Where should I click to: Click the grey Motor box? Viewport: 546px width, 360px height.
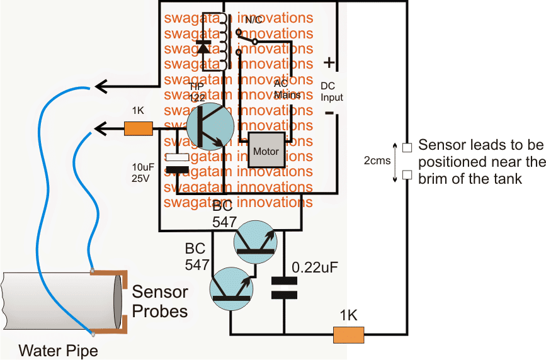coord(266,151)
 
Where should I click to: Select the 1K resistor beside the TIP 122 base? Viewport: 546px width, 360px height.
coord(139,129)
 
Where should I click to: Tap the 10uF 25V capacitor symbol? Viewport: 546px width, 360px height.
coord(177,162)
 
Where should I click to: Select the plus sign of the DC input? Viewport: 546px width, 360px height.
coord(329,62)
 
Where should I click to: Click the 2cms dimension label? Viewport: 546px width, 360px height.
coord(376,161)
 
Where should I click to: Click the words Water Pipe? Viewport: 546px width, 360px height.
coord(58,350)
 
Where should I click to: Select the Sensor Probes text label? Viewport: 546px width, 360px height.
coord(159,302)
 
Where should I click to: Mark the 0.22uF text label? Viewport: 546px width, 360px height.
coord(315,267)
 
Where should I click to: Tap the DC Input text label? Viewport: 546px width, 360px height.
coord(332,91)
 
